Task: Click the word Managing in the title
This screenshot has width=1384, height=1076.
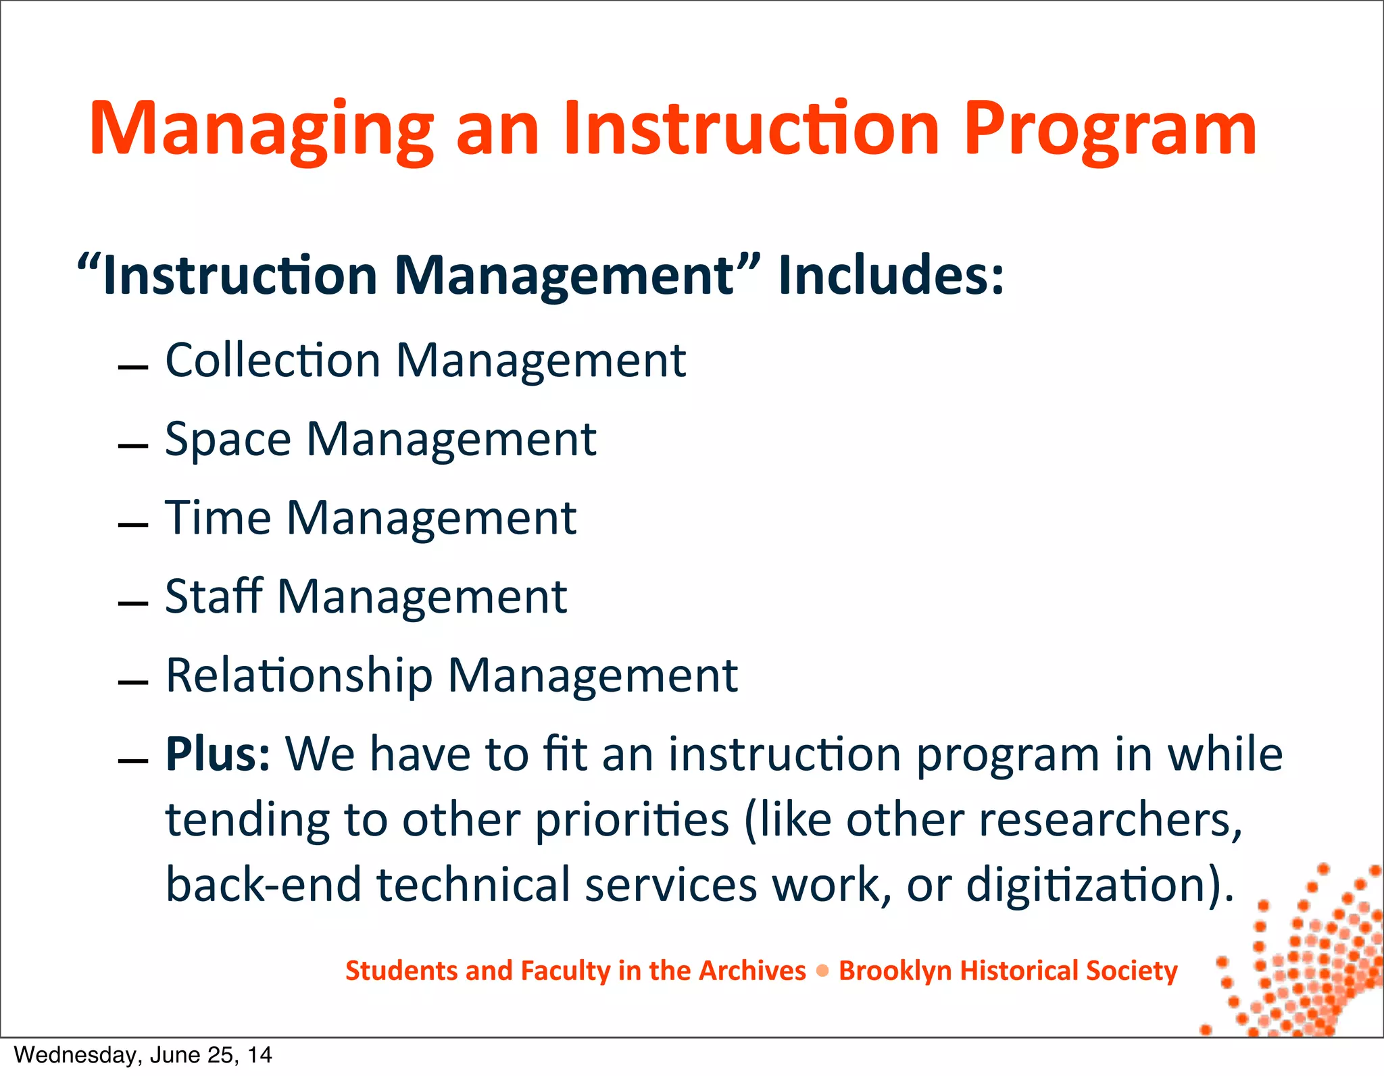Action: pos(261,130)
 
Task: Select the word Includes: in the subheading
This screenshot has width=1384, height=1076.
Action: pos(891,275)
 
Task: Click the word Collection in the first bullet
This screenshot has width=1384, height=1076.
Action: pos(273,360)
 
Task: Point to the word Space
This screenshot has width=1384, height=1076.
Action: pos(228,440)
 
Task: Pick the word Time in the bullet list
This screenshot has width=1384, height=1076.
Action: pos(218,518)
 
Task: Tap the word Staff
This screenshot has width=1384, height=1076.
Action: pos(214,596)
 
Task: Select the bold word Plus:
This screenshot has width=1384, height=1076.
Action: pos(218,754)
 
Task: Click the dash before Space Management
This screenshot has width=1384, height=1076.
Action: pos(132,446)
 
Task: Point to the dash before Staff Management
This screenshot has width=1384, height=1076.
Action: pos(132,603)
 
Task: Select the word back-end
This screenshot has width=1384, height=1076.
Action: pos(264,885)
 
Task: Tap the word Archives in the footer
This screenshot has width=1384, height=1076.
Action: pos(751,971)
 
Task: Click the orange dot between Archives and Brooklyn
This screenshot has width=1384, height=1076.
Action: pos(822,971)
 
